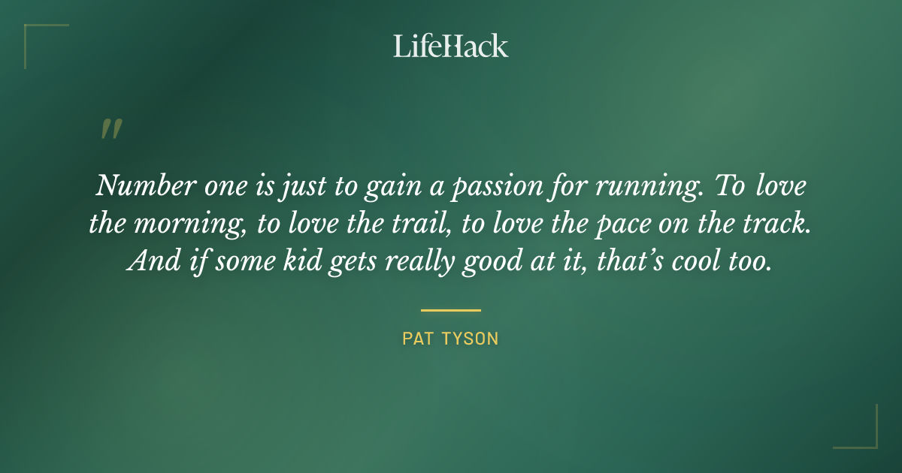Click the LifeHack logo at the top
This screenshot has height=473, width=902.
point(450,46)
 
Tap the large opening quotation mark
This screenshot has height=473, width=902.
point(111,130)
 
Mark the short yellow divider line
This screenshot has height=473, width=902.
point(450,309)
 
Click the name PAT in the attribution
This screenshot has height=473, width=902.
point(417,339)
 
